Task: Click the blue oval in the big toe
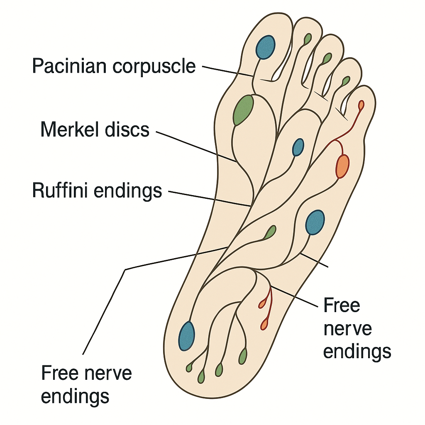[x=265, y=47]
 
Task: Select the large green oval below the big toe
[x=243, y=110]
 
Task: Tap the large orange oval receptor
[x=342, y=166]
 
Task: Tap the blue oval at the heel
[x=187, y=336]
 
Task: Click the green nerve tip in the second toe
[x=308, y=39]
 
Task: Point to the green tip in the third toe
[x=327, y=58]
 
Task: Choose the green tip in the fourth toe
[x=345, y=81]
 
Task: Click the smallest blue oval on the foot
[x=298, y=147]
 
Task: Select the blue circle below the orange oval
[x=315, y=222]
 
